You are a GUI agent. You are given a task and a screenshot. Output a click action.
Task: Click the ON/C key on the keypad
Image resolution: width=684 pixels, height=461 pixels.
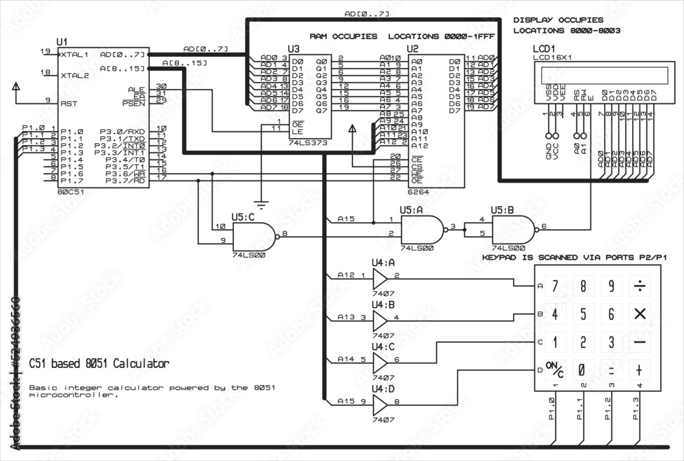pyautogui.click(x=555, y=370)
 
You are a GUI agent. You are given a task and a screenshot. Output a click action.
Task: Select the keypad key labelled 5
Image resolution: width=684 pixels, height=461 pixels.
pyautogui.click(x=583, y=314)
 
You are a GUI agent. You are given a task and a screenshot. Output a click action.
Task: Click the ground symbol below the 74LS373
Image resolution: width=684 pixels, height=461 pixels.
pyautogui.click(x=260, y=203)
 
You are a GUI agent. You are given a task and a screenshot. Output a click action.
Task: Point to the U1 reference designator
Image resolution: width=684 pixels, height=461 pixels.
pyautogui.click(x=44, y=42)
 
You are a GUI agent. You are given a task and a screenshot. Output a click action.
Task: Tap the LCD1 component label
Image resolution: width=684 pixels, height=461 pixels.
pyautogui.click(x=545, y=50)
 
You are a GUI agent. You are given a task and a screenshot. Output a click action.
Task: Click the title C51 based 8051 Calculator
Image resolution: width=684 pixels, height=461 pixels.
pyautogui.click(x=99, y=363)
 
